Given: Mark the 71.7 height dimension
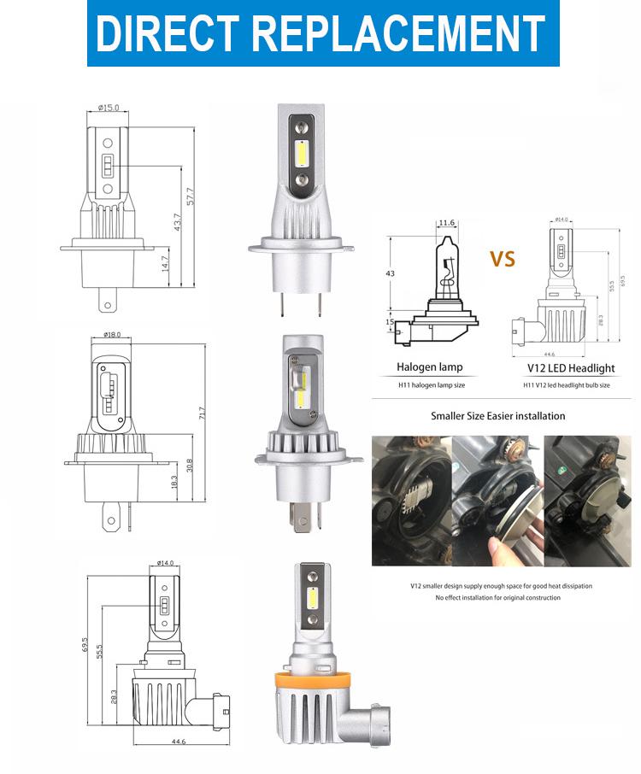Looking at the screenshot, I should [x=203, y=413].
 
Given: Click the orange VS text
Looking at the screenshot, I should [x=503, y=258].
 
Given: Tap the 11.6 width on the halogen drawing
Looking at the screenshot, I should [x=446, y=224].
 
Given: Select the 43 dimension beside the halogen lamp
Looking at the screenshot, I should [x=391, y=273].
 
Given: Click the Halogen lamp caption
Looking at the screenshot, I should [x=429, y=368].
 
